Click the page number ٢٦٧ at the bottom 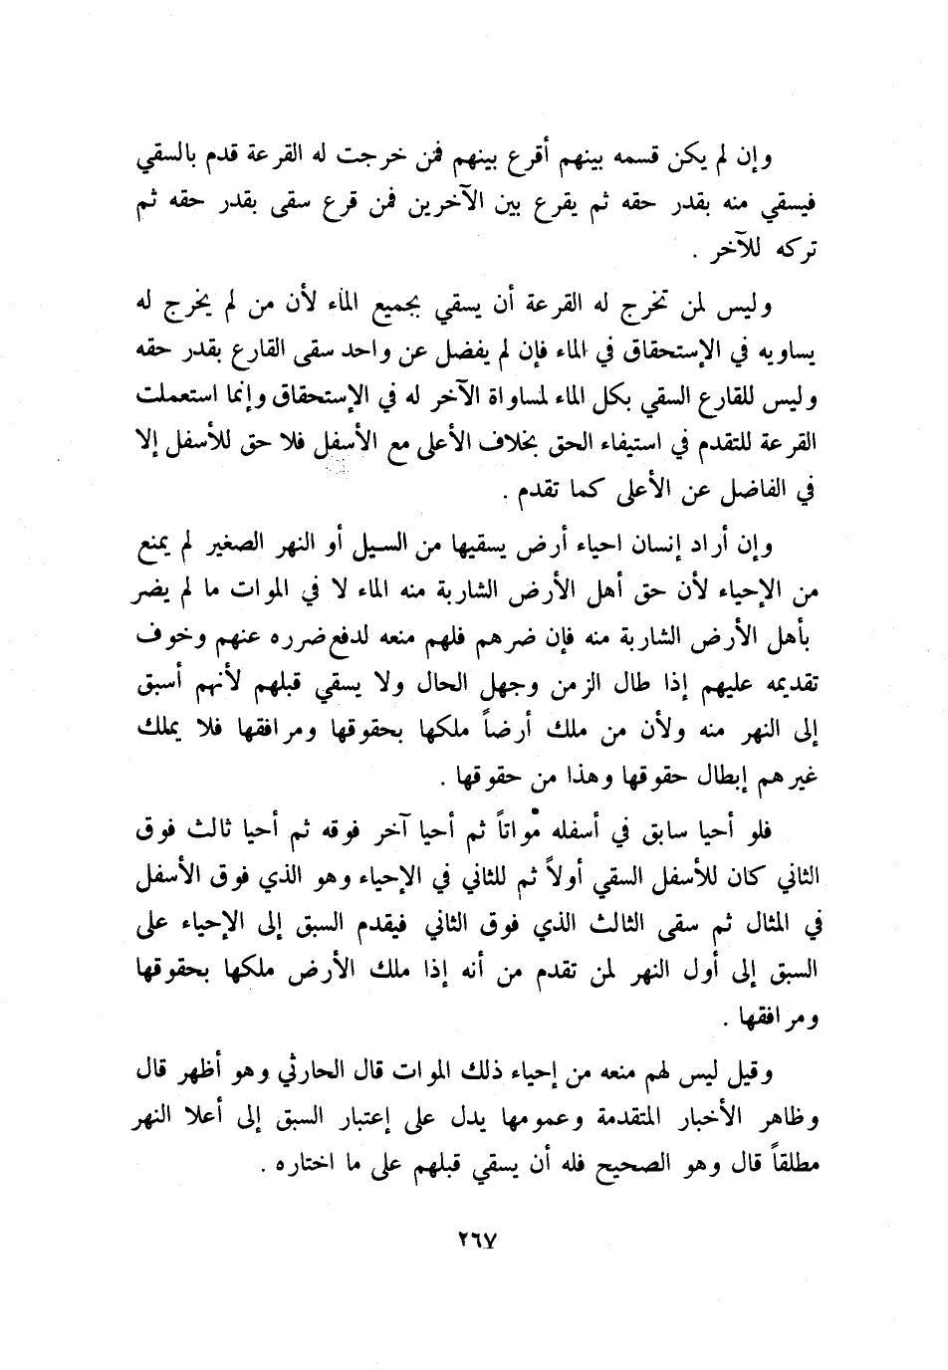pyautogui.click(x=478, y=1242)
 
